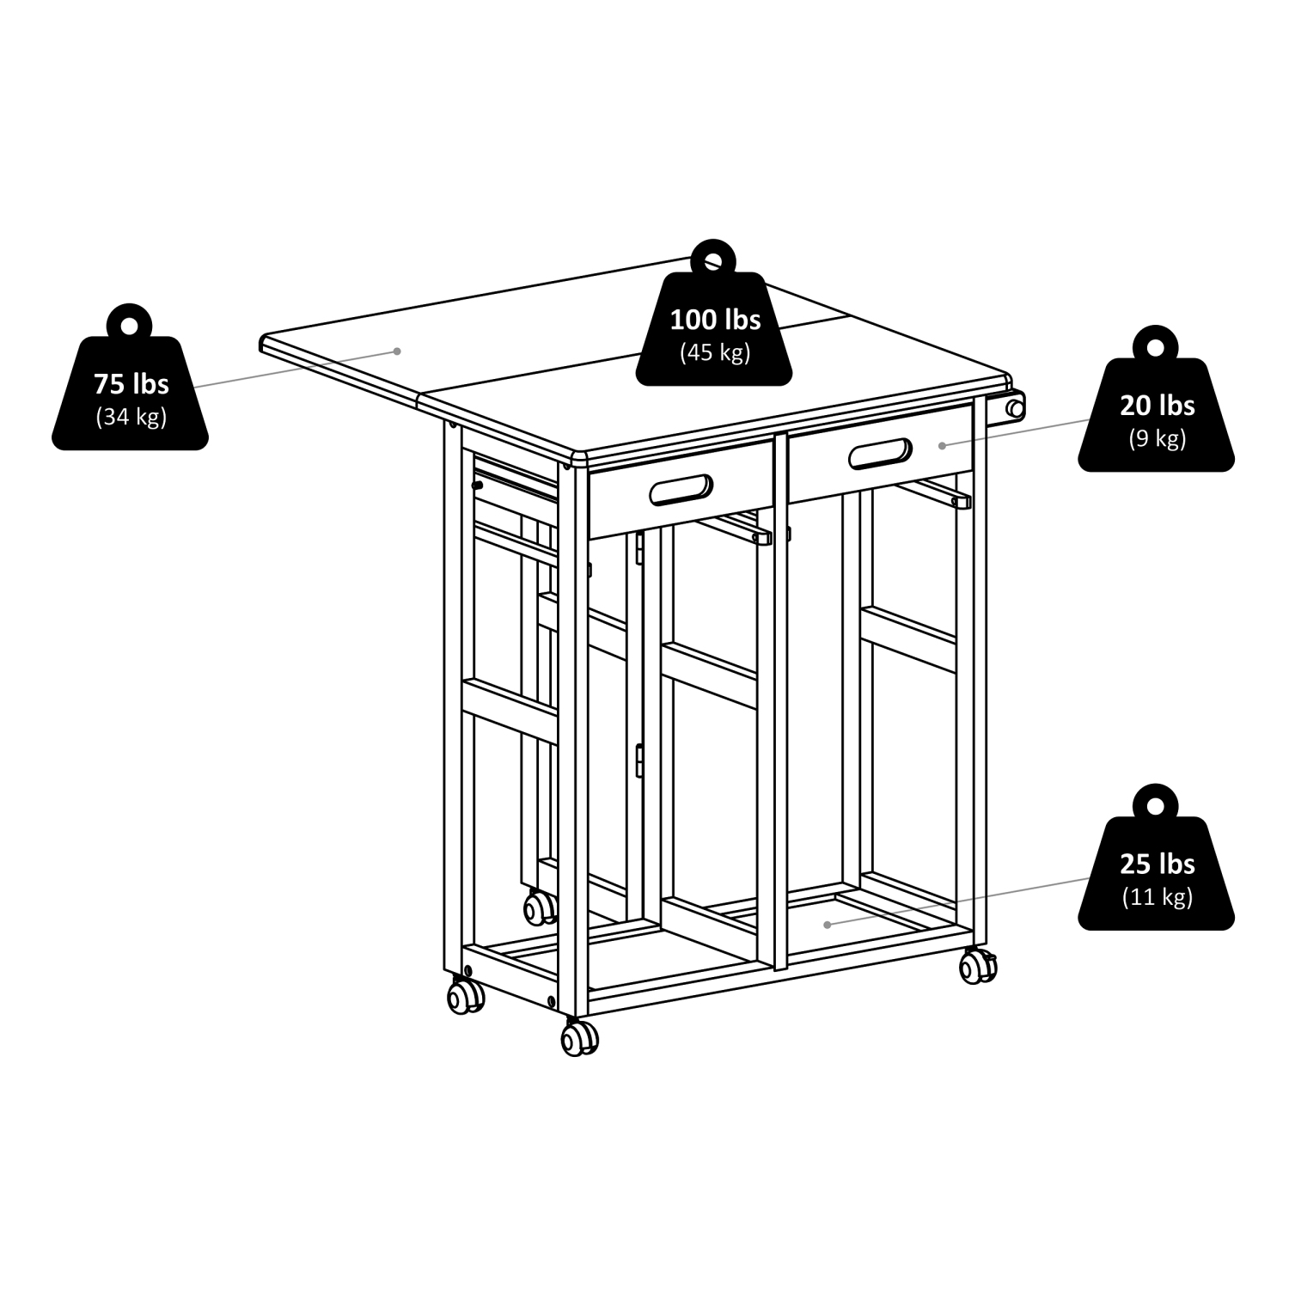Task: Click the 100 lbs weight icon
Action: [715, 327]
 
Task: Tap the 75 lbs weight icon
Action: [131, 391]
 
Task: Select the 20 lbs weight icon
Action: [1156, 413]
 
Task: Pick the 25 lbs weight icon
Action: [1156, 872]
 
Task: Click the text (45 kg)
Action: [715, 352]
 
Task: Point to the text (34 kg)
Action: [131, 418]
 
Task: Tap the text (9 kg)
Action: [1157, 438]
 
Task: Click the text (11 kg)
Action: [1157, 897]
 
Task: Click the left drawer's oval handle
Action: [681, 490]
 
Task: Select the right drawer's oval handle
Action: [880, 454]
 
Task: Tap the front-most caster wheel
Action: [579, 1038]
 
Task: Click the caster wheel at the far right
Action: [978, 966]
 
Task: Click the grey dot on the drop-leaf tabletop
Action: [397, 351]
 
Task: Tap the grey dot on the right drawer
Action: [943, 445]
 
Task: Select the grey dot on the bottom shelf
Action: [827, 925]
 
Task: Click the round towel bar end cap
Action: [1016, 409]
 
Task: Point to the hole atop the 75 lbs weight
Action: [130, 326]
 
